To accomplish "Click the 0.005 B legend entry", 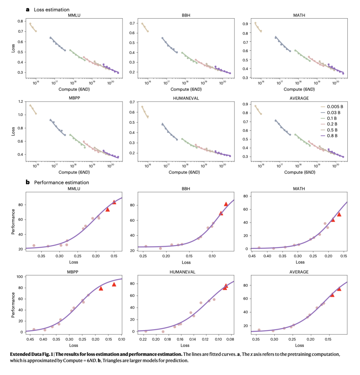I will (x=334, y=107).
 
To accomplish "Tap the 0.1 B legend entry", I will (x=332, y=118).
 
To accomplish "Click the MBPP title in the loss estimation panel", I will (x=73, y=98).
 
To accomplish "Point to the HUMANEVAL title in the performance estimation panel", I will (x=183, y=272).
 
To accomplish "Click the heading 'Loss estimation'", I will (x=52, y=10).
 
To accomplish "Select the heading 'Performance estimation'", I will (x=62, y=182).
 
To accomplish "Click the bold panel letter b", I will (x=28, y=182).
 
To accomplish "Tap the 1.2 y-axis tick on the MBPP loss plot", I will (x=21, y=101).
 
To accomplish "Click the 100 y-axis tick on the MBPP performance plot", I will (x=19, y=277).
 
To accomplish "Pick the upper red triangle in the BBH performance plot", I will (x=226, y=204).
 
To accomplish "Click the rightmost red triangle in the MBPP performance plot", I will (x=114, y=284).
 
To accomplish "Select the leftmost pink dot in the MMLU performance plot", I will (x=34, y=245).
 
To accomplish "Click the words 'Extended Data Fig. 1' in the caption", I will (x=34, y=354).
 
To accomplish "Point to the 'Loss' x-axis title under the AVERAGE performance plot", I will (x=299, y=345).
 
